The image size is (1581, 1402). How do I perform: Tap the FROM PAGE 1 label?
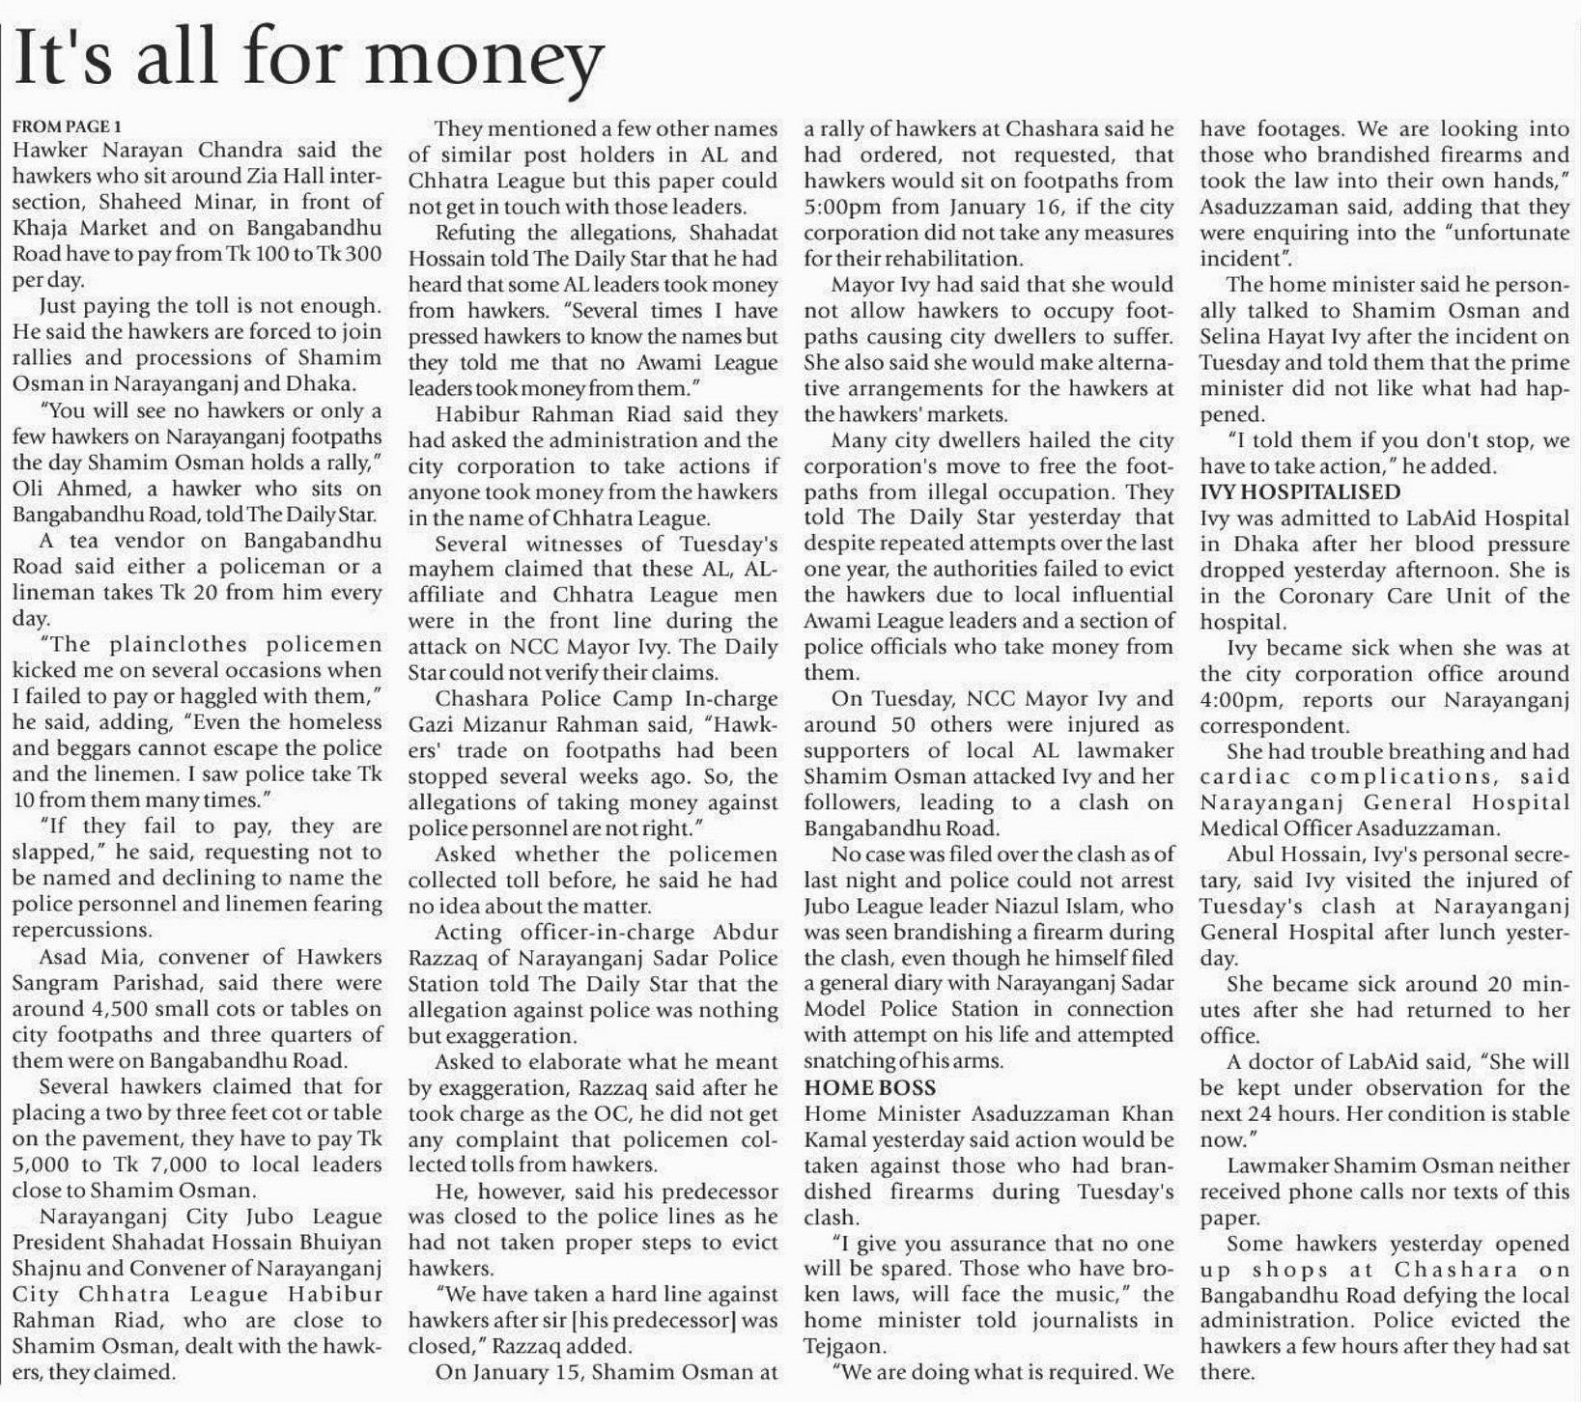coord(67,126)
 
